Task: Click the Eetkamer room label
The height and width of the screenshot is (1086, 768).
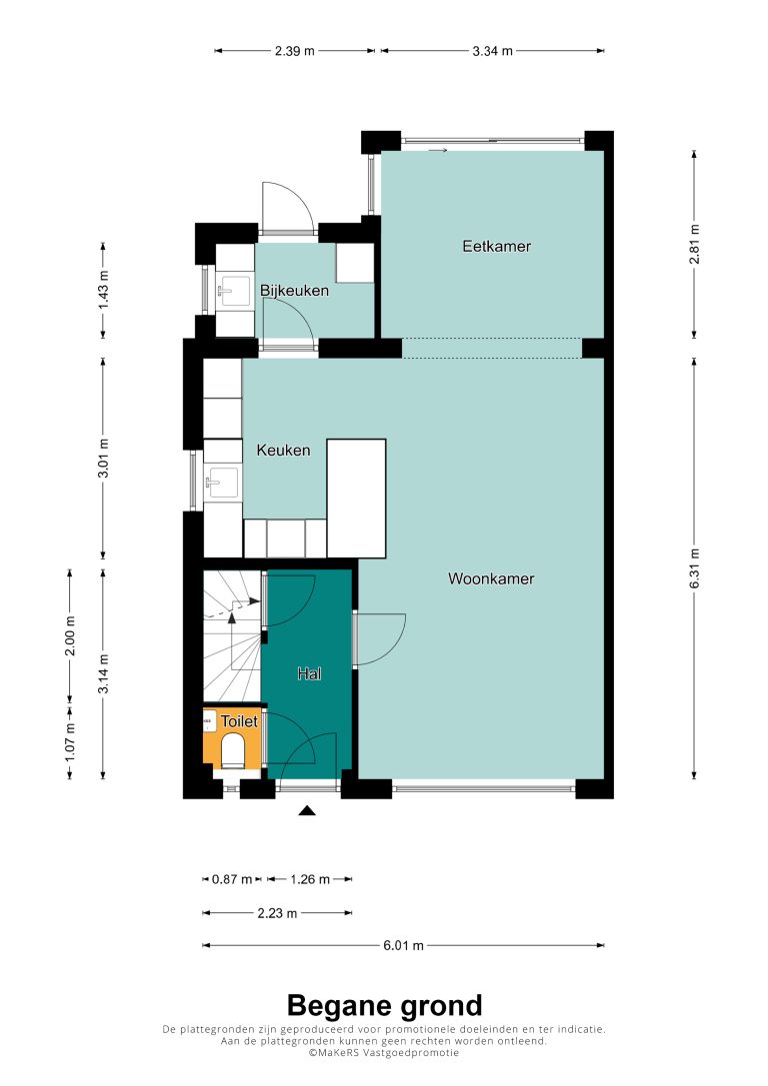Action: click(x=496, y=246)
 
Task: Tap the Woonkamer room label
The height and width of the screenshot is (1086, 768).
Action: click(x=491, y=578)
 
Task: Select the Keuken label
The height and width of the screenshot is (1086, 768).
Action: click(x=283, y=451)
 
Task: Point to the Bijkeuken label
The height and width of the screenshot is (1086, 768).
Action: click(x=294, y=290)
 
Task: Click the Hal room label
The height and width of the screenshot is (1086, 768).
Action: click(x=309, y=673)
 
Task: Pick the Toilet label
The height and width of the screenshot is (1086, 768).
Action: click(x=239, y=721)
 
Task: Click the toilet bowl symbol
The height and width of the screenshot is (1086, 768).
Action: click(x=232, y=750)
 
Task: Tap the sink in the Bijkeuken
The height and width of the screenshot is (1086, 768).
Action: click(x=234, y=291)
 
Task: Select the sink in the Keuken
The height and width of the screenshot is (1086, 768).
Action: click(x=222, y=482)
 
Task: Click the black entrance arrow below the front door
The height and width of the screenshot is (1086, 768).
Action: click(x=307, y=810)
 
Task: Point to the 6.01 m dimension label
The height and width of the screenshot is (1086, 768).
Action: click(x=403, y=945)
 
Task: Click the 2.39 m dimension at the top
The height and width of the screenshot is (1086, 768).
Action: click(x=295, y=51)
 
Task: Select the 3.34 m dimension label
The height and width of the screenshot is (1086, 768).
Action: click(x=493, y=51)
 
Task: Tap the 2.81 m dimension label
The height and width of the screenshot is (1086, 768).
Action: click(x=695, y=244)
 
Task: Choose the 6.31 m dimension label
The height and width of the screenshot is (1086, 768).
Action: click(x=695, y=568)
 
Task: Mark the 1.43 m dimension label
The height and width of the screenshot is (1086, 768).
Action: click(x=103, y=290)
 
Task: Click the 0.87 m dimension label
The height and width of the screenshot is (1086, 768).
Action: click(x=232, y=879)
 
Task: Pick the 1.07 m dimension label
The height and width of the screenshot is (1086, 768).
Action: click(x=70, y=741)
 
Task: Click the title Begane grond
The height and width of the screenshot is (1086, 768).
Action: click(x=384, y=1005)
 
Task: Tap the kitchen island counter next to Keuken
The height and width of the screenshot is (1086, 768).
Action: click(x=356, y=499)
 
